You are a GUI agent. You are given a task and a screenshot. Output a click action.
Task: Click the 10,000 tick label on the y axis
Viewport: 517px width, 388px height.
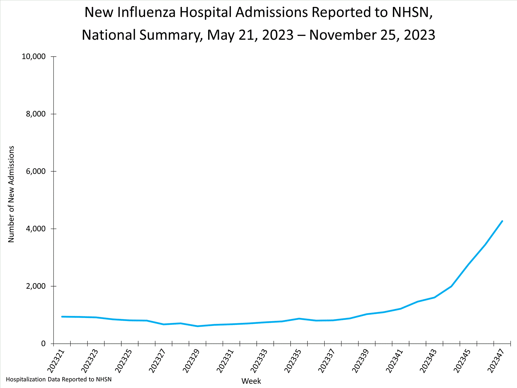point(33,57)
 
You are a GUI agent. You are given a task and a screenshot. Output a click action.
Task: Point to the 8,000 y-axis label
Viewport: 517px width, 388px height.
point(36,114)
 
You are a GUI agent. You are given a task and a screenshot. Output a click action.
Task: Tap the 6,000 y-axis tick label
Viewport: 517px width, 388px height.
point(36,171)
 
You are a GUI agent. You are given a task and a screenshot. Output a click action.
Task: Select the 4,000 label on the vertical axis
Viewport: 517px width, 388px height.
point(36,229)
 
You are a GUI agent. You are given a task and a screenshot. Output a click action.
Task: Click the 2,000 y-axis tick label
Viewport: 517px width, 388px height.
point(36,286)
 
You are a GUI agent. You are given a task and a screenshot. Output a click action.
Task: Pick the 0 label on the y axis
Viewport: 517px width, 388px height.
point(43,344)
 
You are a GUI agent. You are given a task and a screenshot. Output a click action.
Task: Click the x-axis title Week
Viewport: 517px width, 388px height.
point(251,381)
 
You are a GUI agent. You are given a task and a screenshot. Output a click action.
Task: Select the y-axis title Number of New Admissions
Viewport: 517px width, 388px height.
point(11,194)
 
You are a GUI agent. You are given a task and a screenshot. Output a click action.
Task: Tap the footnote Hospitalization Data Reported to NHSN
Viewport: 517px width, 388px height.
point(59,379)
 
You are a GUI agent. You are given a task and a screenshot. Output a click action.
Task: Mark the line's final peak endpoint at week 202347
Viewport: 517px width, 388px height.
point(502,221)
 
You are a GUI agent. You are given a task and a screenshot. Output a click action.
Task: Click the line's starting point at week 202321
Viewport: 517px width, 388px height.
point(62,317)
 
